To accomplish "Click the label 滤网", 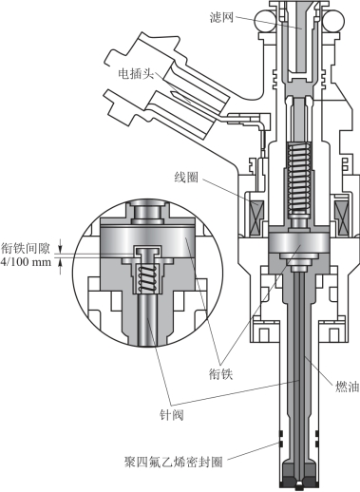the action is point(221,16).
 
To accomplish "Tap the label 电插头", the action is point(136,74).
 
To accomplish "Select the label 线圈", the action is point(186,178).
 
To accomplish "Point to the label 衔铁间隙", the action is point(26,248).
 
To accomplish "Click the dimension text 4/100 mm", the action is point(26,262).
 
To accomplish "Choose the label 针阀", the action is point(172,414).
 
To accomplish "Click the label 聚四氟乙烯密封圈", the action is point(173,462).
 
